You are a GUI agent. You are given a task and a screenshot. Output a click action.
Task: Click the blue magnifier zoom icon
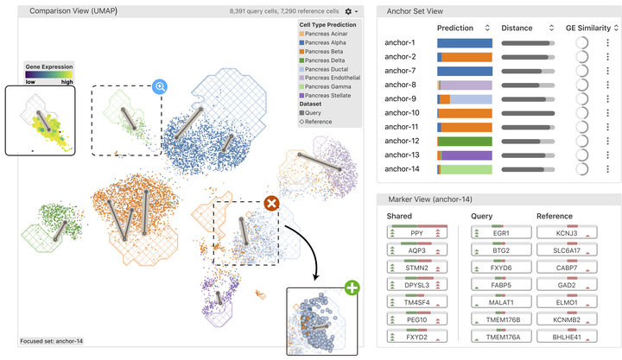point(160,86)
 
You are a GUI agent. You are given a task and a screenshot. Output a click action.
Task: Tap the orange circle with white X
point(270,204)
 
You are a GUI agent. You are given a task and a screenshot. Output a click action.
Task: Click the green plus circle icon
point(352,288)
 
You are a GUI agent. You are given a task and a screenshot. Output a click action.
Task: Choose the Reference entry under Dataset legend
point(318,122)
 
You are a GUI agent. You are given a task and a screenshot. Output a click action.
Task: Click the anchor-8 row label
point(400,85)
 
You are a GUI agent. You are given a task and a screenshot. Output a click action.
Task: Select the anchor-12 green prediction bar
point(465,141)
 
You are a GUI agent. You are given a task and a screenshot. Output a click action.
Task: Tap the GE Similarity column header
point(590,28)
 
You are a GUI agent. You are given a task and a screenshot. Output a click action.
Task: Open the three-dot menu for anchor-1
point(607,42)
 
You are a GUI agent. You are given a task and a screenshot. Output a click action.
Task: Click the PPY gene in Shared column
point(418,233)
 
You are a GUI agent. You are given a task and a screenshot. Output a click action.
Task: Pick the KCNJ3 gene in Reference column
point(567,233)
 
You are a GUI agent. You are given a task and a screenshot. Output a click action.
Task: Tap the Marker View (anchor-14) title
point(431,199)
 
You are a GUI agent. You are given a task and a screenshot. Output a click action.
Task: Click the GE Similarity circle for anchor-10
point(583,112)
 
